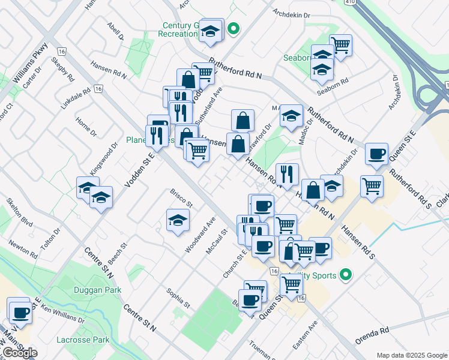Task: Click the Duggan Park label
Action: click(x=97, y=290)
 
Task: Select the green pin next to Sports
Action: click(x=345, y=275)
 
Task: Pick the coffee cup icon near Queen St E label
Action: click(x=376, y=153)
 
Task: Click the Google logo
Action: click(x=20, y=353)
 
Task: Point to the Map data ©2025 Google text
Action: click(x=412, y=355)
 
